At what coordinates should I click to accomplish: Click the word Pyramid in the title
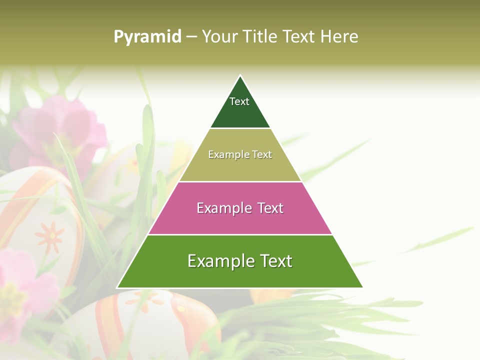(x=147, y=36)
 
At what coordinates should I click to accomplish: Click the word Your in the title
(x=220, y=36)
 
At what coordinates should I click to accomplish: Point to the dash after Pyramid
(x=191, y=37)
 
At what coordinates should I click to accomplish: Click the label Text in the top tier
(x=239, y=101)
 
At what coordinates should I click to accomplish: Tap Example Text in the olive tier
(x=240, y=154)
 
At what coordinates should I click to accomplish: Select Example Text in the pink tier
(x=240, y=208)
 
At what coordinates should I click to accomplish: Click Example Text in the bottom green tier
(x=240, y=261)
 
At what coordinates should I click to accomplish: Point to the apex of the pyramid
(x=240, y=76)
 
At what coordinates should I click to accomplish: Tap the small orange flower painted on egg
(x=49, y=236)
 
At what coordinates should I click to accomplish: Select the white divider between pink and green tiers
(x=240, y=234)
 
